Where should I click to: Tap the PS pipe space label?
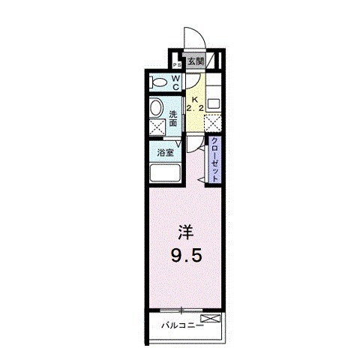pyautogui.click(x=176, y=64)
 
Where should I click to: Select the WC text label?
pyautogui.click(x=176, y=82)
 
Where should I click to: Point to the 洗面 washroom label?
pyautogui.click(x=173, y=118)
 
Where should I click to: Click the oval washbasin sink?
pyautogui.click(x=156, y=109)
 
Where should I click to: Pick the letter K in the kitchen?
pyautogui.click(x=195, y=99)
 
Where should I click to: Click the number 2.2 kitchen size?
pyautogui.click(x=196, y=109)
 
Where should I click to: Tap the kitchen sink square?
pyautogui.click(x=214, y=101)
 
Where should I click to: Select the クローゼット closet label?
pyautogui.click(x=214, y=160)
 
